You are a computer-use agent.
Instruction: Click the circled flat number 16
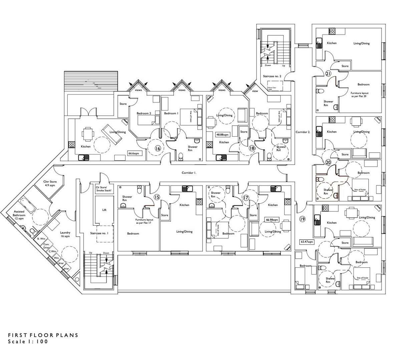pyautogui.click(x=158, y=149)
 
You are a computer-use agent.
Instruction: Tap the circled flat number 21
pyautogui.click(x=328, y=74)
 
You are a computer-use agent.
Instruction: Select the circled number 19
pyautogui.click(x=302, y=219)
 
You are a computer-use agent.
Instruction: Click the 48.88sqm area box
pyautogui.click(x=222, y=135)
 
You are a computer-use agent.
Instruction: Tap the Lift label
pyautogui.click(x=104, y=210)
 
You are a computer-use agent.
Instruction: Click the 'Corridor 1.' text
pyautogui.click(x=189, y=173)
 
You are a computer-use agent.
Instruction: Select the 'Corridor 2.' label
pyautogui.click(x=303, y=132)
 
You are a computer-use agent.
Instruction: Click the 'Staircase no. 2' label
pyautogui.click(x=272, y=76)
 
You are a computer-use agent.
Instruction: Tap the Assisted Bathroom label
pyautogui.click(x=19, y=215)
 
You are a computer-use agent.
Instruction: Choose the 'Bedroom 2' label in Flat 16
pyautogui.click(x=144, y=113)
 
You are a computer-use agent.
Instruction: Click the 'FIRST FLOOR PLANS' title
pyautogui.click(x=43, y=335)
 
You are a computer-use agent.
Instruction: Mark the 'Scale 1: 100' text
pyautogui.click(x=28, y=342)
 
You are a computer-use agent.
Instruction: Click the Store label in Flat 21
pyautogui.click(x=345, y=66)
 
